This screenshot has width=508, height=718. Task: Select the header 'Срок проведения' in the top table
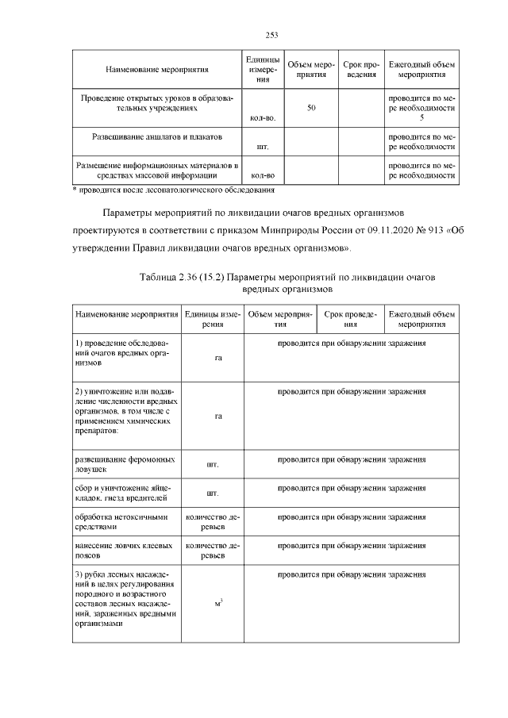361,70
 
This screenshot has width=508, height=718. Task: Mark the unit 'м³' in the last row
217,605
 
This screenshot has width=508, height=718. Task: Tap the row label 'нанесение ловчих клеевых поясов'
124,551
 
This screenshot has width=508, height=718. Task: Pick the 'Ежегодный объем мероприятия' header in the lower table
421,319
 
